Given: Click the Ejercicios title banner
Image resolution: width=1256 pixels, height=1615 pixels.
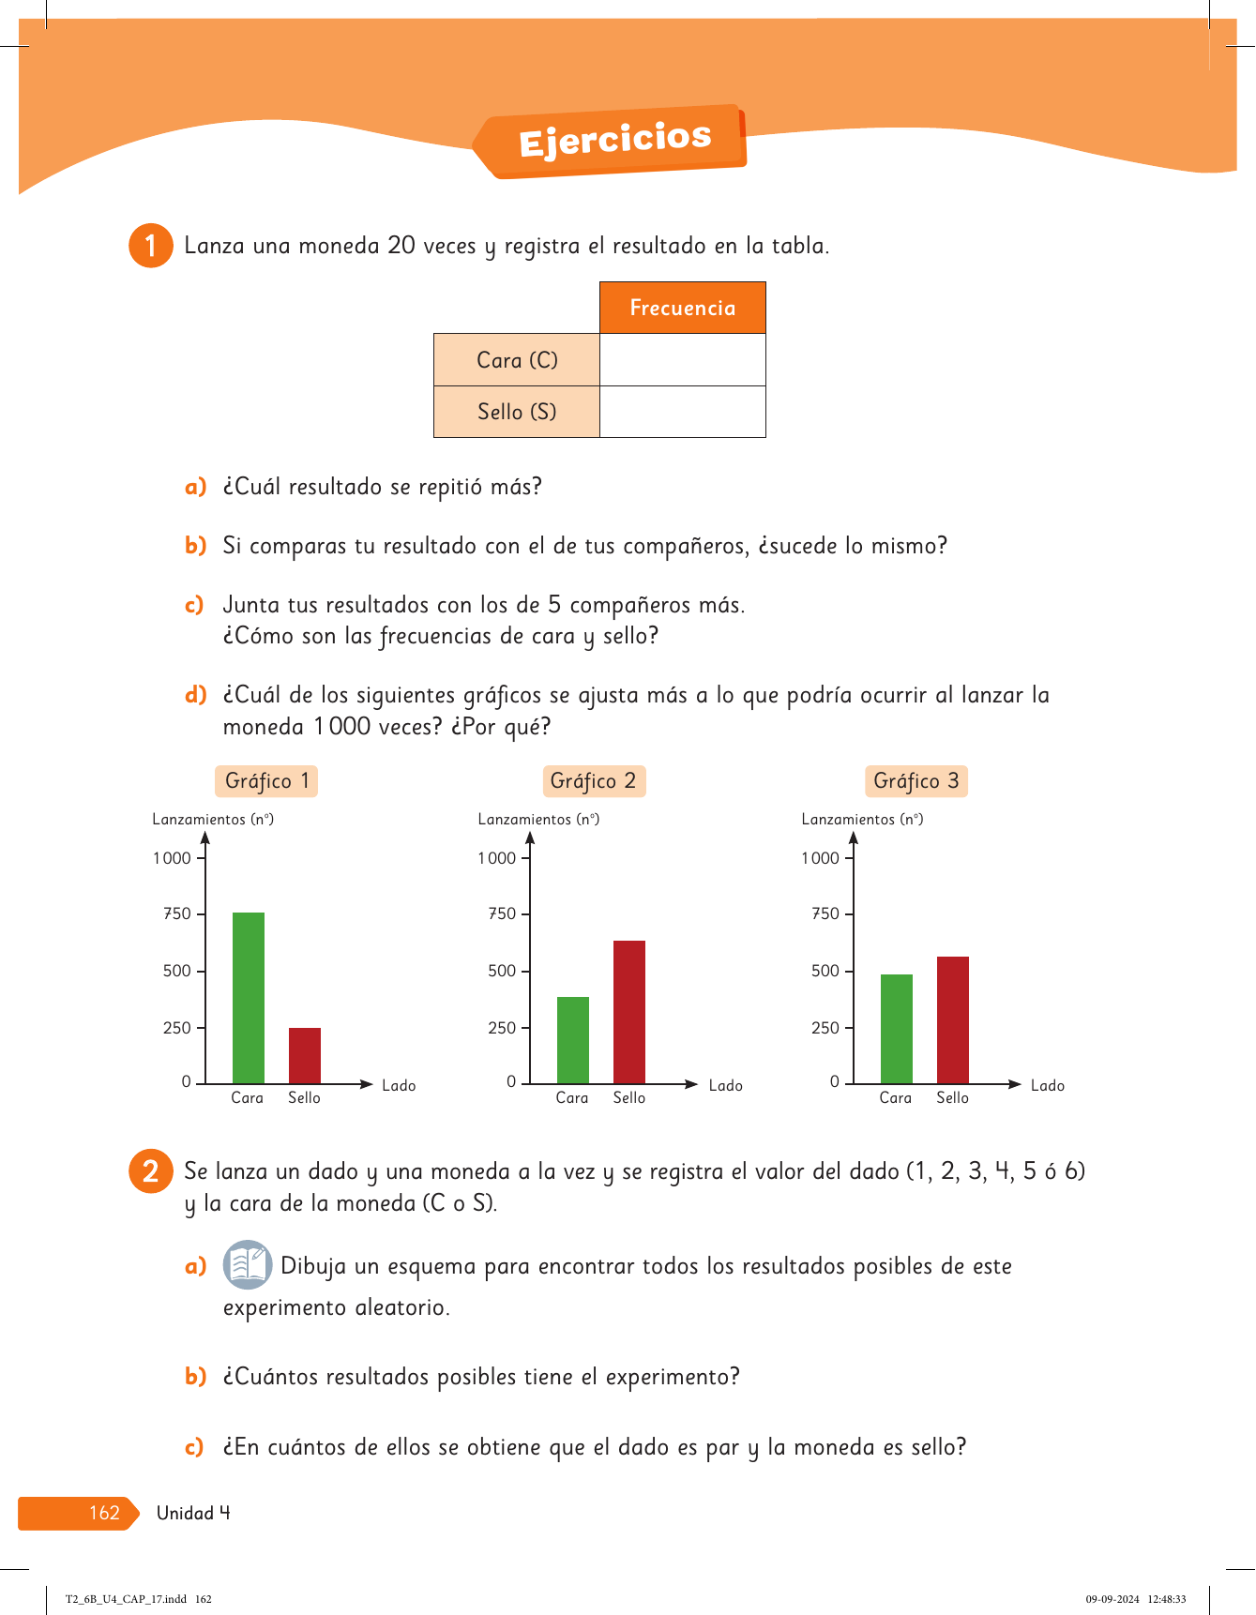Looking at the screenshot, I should [614, 141].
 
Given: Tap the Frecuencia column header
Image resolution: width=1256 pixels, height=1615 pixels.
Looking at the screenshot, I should [682, 308].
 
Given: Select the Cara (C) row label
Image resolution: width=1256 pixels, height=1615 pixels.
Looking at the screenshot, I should [517, 360].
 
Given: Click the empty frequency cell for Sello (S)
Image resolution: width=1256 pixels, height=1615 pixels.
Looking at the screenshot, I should [682, 412].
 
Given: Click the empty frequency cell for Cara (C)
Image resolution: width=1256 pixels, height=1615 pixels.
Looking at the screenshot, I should [682, 360].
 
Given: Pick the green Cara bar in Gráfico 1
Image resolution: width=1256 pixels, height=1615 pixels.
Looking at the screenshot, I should [249, 998].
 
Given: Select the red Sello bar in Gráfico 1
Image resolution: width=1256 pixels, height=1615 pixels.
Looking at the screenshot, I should [305, 1056].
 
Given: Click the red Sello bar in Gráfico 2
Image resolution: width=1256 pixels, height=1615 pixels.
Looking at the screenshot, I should [629, 1012].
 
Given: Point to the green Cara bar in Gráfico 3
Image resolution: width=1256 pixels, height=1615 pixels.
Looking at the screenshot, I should [897, 1029].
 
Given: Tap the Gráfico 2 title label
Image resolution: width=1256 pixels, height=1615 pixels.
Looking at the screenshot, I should [594, 781].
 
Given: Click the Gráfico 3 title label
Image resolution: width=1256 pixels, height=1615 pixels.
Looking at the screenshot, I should [916, 781].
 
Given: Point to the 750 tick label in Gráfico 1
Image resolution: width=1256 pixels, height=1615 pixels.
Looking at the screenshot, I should [177, 913].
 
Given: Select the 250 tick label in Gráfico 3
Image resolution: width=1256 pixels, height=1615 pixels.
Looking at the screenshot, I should [825, 1028].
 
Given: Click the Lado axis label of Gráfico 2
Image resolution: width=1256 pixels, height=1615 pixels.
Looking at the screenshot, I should [725, 1085].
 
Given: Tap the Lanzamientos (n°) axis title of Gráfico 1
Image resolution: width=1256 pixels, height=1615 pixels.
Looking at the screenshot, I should [213, 819].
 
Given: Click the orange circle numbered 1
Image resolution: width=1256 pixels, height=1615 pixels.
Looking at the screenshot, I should [150, 246].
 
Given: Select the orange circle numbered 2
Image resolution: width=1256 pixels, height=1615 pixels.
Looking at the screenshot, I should [150, 1171].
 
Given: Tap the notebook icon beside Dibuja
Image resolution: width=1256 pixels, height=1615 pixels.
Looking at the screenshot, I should [248, 1264].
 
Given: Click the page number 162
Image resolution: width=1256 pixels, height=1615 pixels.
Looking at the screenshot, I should [104, 1513].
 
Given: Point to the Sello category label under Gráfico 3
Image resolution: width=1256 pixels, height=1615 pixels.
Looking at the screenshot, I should [953, 1097].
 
